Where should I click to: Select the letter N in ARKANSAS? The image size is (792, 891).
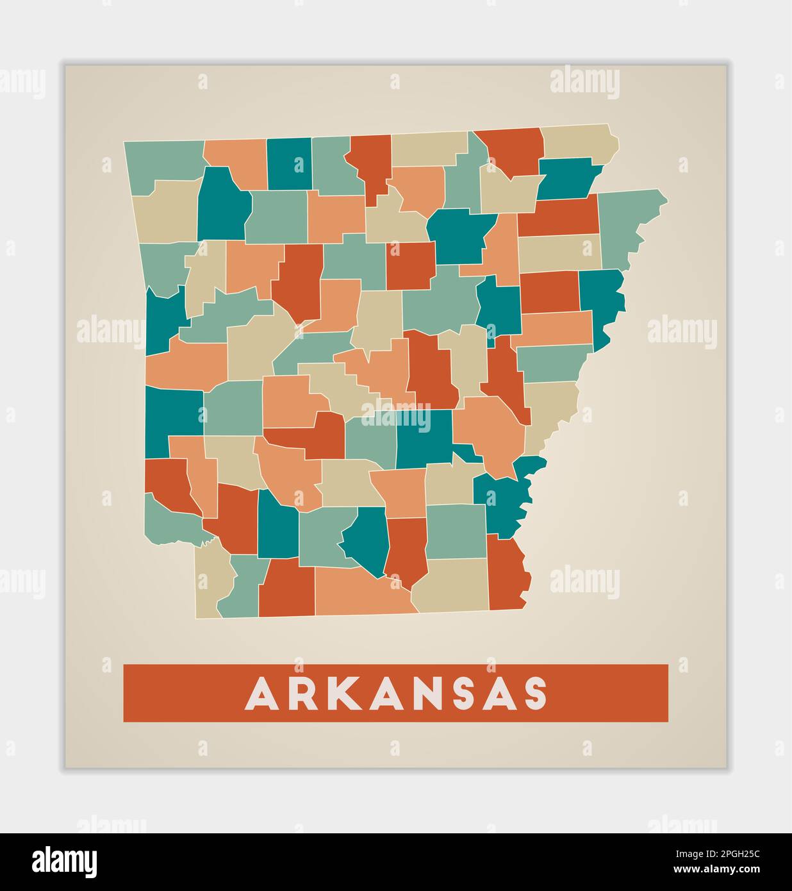click(438, 694)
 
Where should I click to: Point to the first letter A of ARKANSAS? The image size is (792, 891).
click(262, 694)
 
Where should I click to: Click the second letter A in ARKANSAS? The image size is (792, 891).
click(392, 694)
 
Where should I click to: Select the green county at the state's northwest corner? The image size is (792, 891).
click(163, 163)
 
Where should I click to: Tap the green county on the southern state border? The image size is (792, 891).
click(240, 587)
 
